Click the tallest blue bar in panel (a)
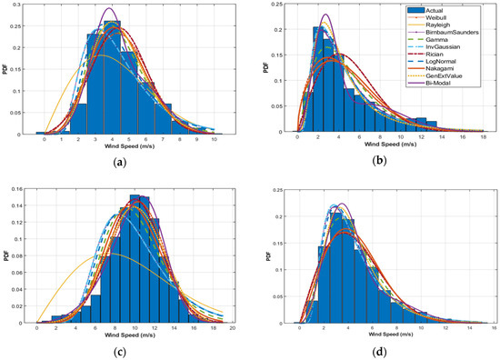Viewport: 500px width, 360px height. click(x=112, y=77)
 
